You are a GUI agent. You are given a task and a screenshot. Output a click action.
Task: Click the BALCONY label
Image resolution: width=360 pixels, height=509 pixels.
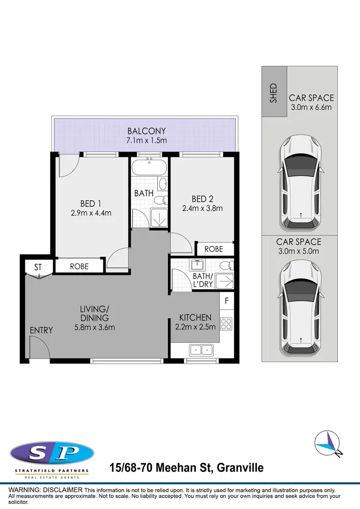click(146, 131)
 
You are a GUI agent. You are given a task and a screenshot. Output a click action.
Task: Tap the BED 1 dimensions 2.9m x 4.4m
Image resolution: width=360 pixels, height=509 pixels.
click(91, 213)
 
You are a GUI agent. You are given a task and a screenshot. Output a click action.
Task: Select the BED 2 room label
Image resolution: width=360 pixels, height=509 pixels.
click(202, 199)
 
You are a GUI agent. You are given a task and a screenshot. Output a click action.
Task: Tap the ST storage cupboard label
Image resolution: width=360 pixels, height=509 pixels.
click(38, 267)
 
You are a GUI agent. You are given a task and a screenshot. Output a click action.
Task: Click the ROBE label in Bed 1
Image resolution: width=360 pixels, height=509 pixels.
click(79, 266)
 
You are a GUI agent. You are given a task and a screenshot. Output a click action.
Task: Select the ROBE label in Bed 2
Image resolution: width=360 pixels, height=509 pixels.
click(214, 249)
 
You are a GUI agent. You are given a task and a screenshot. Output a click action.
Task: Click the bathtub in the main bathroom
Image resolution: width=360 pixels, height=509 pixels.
click(149, 168)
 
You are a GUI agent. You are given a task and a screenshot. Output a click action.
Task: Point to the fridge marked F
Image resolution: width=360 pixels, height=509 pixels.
click(227, 302)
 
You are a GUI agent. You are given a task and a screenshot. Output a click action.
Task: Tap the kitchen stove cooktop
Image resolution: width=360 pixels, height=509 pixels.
click(227, 324)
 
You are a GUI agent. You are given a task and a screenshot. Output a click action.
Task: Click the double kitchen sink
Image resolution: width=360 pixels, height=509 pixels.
click(202, 350)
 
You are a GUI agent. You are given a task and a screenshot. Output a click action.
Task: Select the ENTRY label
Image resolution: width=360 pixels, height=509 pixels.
click(41, 330)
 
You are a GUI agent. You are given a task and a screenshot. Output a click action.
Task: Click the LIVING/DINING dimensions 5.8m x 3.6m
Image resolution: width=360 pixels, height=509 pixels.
click(95, 327)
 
